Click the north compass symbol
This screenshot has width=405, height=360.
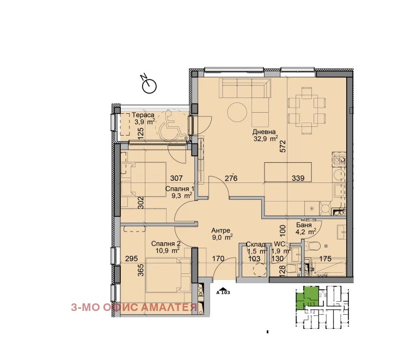point(149,85)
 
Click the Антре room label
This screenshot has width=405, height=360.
point(220,230)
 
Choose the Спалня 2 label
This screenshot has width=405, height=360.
point(166,243)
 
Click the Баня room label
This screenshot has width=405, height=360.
point(304,225)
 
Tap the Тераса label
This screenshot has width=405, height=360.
point(143,115)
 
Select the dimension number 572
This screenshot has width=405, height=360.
point(284,146)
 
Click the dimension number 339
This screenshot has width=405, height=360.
point(298,178)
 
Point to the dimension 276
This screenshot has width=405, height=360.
point(231,178)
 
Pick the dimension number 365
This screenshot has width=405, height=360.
point(141,270)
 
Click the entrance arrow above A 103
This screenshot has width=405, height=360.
point(223,289)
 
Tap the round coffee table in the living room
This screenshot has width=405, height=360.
point(237,112)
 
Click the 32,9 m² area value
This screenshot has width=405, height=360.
point(266,139)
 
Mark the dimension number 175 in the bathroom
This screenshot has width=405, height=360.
point(325,259)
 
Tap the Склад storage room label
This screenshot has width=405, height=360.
point(255,244)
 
